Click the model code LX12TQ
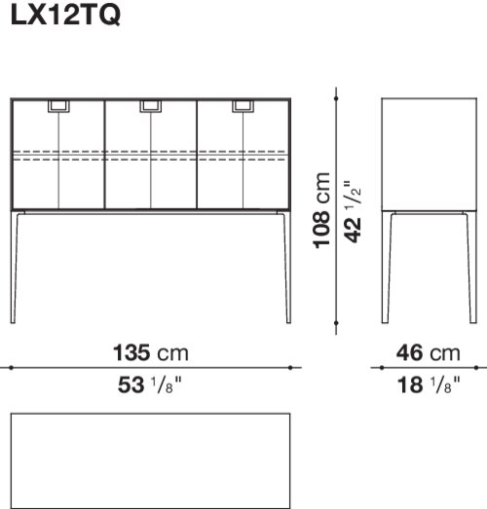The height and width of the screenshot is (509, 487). tap(65, 15)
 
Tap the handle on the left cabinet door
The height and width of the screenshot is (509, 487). tap(58, 106)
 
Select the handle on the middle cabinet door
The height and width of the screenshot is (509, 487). tap(151, 106)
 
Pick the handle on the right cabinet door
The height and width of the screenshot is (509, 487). tap(243, 106)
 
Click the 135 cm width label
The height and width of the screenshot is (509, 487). tap(151, 353)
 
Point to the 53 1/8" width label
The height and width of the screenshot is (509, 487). tap(150, 384)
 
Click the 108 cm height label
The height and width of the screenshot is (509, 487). tap(321, 210)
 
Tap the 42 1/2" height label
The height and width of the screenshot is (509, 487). tap(353, 211)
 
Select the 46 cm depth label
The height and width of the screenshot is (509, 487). tap(429, 353)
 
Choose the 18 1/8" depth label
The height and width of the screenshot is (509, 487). tap(429, 384)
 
